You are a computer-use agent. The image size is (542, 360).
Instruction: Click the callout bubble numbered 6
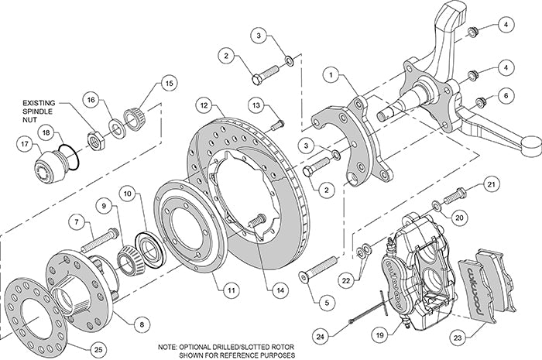click(504, 95)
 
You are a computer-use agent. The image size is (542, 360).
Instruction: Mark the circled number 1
click(332, 76)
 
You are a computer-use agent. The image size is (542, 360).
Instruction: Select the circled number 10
click(128, 191)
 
